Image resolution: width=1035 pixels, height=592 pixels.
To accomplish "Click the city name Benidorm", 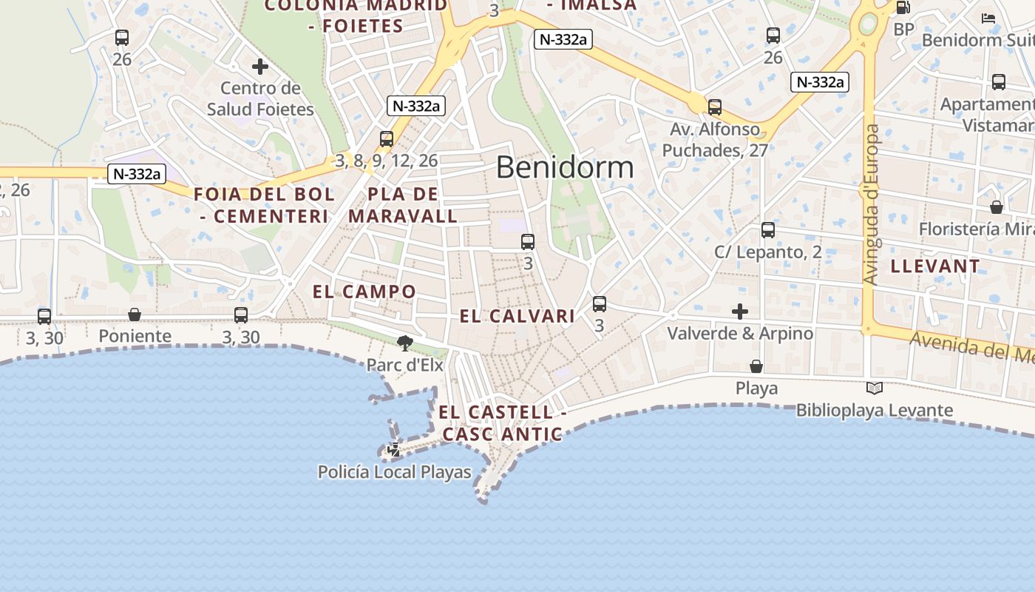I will point(565,167).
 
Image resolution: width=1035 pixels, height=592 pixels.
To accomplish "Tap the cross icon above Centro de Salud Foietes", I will point(260,67).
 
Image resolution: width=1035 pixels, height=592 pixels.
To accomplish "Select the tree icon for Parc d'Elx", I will point(404,343).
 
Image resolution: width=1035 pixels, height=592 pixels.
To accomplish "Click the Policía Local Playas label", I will point(394,471).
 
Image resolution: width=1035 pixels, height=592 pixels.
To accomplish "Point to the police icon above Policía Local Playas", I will point(395,448).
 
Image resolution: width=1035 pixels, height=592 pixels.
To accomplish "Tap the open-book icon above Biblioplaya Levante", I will point(874,388).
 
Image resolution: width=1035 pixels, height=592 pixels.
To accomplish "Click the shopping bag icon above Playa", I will point(756,366).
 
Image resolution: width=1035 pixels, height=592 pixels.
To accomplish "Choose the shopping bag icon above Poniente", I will point(135,314).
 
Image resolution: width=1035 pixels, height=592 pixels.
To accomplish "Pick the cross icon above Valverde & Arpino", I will point(740,312).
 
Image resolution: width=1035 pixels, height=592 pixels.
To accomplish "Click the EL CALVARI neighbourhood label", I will point(517,317).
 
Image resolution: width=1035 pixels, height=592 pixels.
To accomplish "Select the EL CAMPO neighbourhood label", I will point(364,292).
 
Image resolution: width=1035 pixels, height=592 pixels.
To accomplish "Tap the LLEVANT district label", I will point(935,266).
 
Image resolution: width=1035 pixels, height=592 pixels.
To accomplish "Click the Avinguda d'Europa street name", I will point(872,204).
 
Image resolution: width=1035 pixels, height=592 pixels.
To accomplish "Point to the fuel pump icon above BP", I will point(903,8).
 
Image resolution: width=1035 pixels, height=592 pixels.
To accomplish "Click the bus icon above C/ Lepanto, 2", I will point(768,230).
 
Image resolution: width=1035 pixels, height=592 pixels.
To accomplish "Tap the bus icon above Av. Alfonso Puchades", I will point(715,107).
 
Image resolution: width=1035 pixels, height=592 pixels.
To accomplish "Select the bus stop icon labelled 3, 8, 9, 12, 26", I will point(386,138).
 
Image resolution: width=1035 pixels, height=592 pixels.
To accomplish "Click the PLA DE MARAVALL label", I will point(404,205).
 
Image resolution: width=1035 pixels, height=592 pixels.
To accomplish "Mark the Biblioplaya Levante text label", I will point(874,410).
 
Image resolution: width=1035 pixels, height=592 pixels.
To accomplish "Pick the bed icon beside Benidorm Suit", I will point(988,18).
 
